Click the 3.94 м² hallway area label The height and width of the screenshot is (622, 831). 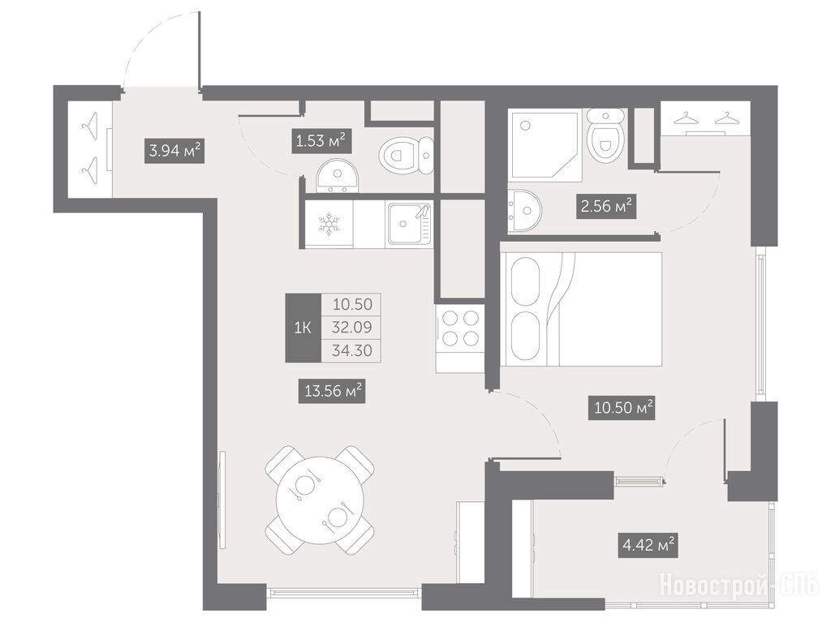coord(174,151)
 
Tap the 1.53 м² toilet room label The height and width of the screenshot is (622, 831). coord(321,141)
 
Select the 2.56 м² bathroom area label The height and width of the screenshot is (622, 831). coord(606,206)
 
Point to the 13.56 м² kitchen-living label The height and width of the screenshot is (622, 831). coord(333,391)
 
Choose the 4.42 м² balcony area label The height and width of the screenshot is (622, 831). coord(648,545)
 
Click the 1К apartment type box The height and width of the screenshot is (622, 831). coord(304,328)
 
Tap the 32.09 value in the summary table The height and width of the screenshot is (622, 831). coord(352,327)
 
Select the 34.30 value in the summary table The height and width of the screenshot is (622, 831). coord(352,350)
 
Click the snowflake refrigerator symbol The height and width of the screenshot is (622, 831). coord(329,224)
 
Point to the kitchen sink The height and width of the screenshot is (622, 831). coord(410,224)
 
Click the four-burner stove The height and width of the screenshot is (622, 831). coord(459,328)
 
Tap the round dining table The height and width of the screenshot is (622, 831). coord(320,500)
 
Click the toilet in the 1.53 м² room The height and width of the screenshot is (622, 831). coord(407,155)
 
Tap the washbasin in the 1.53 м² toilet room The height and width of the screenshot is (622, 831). coord(338,176)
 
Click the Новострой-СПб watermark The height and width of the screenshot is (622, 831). coord(739,586)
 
